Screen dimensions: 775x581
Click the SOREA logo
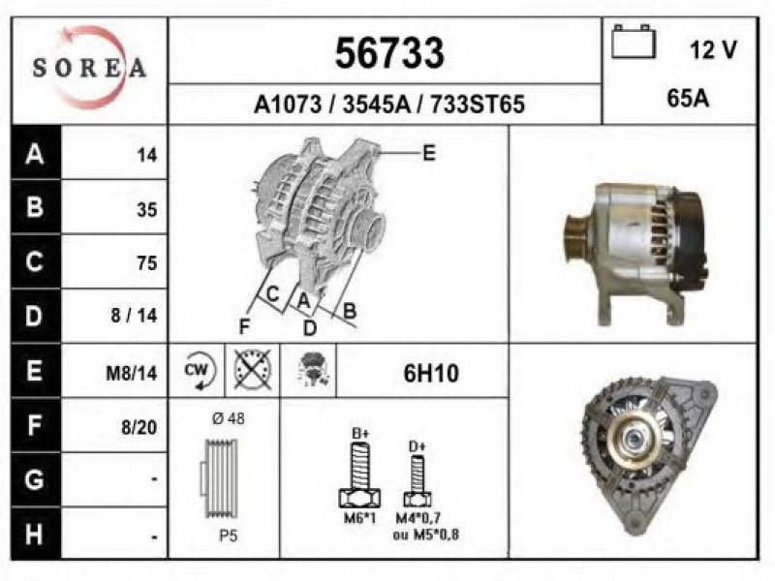click(x=89, y=67)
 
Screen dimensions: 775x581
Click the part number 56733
click(x=389, y=53)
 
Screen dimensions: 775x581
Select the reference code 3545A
click(x=377, y=105)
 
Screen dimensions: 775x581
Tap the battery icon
click(x=634, y=42)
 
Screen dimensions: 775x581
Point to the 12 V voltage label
click(x=713, y=49)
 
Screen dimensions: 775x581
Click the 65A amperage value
click(x=688, y=99)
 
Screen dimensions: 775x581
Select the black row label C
click(x=35, y=261)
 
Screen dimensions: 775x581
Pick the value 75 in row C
click(x=147, y=263)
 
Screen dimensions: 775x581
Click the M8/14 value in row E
click(x=132, y=373)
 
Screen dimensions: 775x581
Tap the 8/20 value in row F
click(x=139, y=427)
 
